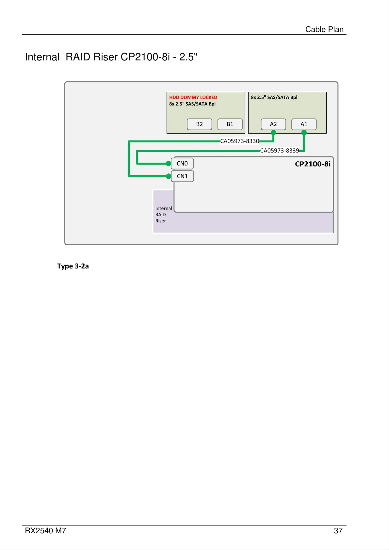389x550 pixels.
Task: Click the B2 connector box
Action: (200, 124)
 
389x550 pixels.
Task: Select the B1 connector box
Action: (230, 124)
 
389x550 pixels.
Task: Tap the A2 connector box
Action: (273, 124)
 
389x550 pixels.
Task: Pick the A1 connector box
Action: (304, 124)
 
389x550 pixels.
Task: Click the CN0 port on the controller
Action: (182, 164)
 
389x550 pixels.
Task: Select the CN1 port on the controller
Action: (182, 176)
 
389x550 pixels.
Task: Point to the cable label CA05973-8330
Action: (240, 141)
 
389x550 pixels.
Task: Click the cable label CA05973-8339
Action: (280, 151)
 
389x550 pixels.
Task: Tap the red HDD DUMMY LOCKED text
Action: (193, 97)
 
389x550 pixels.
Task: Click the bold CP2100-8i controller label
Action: (313, 164)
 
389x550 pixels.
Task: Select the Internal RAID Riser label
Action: (163, 215)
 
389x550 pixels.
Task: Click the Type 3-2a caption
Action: (73, 266)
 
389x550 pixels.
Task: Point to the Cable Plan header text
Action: (324, 29)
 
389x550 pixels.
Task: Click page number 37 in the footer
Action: (338, 531)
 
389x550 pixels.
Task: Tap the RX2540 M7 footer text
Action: (45, 531)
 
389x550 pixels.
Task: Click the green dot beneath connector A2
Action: (273, 133)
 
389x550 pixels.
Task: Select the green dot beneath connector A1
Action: (304, 133)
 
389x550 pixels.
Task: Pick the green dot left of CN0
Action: (169, 163)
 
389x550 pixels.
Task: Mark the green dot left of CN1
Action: (169, 176)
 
